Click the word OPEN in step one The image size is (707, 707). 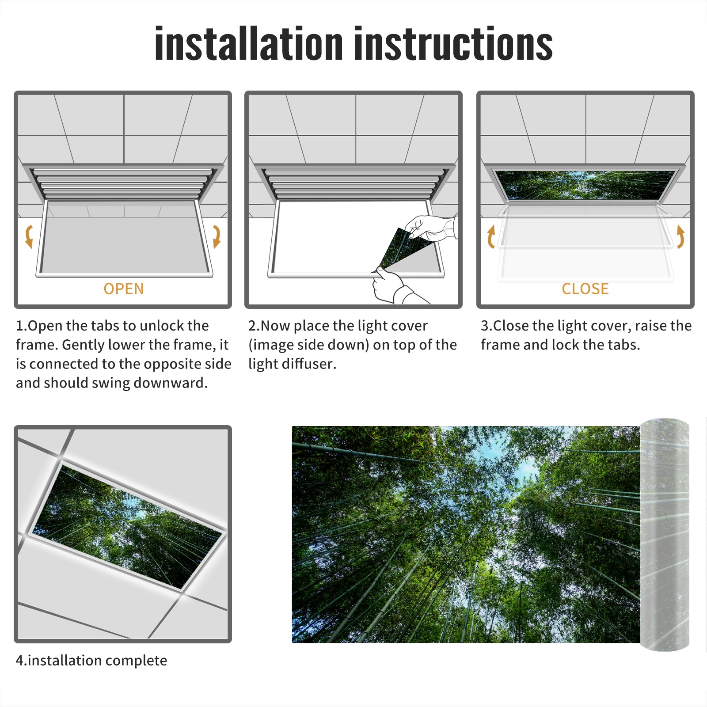(124, 289)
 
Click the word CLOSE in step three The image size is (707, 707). (585, 289)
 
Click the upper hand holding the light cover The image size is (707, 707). (431, 228)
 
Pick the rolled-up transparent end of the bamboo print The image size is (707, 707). (665, 535)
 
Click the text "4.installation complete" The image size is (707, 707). (91, 661)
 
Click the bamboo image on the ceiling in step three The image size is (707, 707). (586, 185)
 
